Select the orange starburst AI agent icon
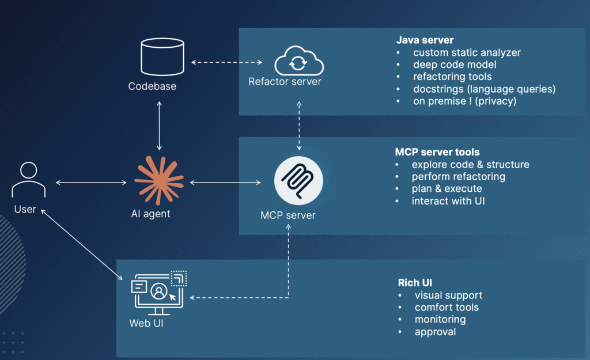coord(158,180)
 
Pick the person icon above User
coord(25,180)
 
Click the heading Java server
coord(425,40)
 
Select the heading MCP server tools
coord(437,152)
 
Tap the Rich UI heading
coord(415,283)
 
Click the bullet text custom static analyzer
coord(467,52)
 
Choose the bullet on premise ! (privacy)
coord(464,101)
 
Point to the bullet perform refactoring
coord(458,176)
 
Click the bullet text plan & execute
coord(447,189)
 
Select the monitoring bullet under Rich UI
coord(440,319)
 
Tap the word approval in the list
coord(435,331)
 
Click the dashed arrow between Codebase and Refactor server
coord(226,61)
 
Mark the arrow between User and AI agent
coord(91,183)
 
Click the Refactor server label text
coord(285,82)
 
